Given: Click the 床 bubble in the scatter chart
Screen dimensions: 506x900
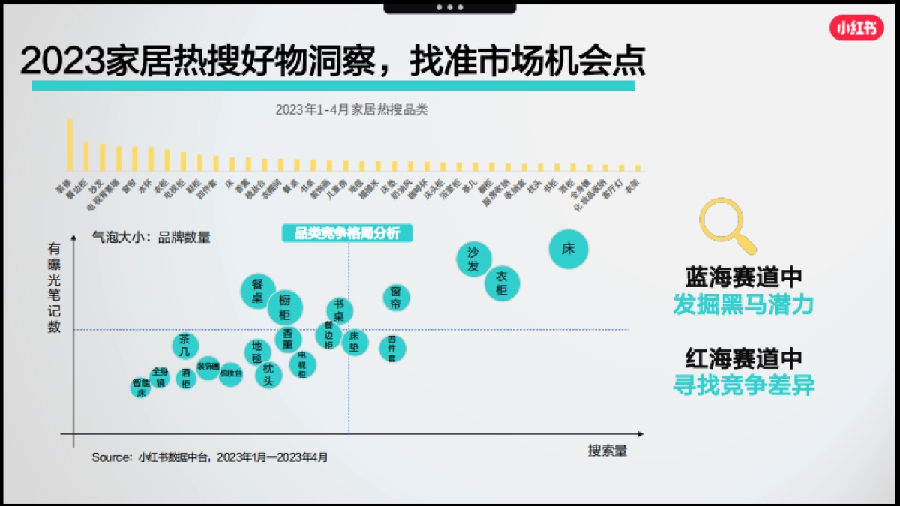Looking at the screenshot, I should (568, 249).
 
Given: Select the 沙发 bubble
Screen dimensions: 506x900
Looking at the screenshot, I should (473, 259).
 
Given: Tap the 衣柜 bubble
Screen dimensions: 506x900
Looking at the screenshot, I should (502, 283).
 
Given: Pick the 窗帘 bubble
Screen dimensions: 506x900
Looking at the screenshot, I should (397, 298).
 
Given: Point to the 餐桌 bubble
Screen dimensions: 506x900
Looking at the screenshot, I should (258, 291).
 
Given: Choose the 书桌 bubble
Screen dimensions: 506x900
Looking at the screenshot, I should (340, 310).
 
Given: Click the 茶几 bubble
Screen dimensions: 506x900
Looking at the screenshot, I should (185, 346).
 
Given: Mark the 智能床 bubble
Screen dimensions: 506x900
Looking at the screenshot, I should (140, 387).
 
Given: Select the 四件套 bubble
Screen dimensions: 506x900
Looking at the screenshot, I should (392, 348).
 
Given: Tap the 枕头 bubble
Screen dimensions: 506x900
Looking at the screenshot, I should (268, 374).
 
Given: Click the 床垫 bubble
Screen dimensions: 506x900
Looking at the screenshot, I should (355, 342).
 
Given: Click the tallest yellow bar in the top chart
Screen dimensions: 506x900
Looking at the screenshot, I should (70, 145).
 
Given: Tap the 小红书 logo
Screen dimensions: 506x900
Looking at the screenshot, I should (856, 28).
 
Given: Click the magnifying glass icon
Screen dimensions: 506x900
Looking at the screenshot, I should (725, 224).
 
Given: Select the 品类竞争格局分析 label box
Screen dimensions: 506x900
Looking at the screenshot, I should (347, 233).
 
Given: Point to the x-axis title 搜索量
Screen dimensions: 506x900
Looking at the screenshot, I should (607, 451).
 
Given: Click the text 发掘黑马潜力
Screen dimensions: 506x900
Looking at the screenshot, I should (743, 304).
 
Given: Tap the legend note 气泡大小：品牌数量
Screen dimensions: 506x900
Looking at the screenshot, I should (151, 237).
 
